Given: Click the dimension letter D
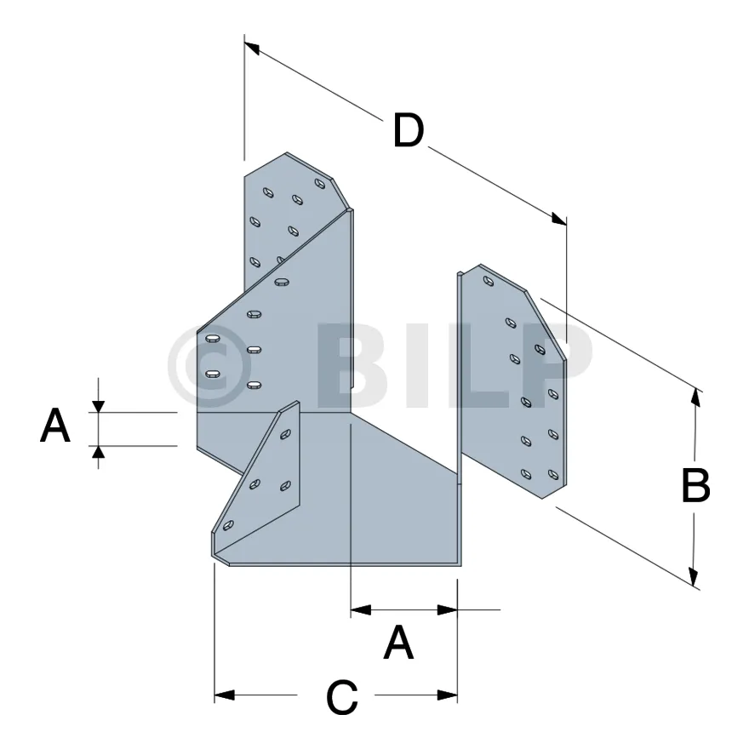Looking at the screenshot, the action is coord(409,130).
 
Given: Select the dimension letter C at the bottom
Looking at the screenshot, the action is coord(342,697).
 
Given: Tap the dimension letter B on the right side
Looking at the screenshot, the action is coord(695,486).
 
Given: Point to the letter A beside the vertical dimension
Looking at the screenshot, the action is coord(55,425).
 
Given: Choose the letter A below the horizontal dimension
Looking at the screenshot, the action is coord(398,643).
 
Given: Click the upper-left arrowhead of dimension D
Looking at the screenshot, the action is coord(251,48).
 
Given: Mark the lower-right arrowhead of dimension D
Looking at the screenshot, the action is coord(559,219).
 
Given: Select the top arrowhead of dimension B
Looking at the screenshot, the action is coord(696,397).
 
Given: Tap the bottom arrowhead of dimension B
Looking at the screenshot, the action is coord(694,575).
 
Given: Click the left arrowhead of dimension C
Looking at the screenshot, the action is coord(224,695).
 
